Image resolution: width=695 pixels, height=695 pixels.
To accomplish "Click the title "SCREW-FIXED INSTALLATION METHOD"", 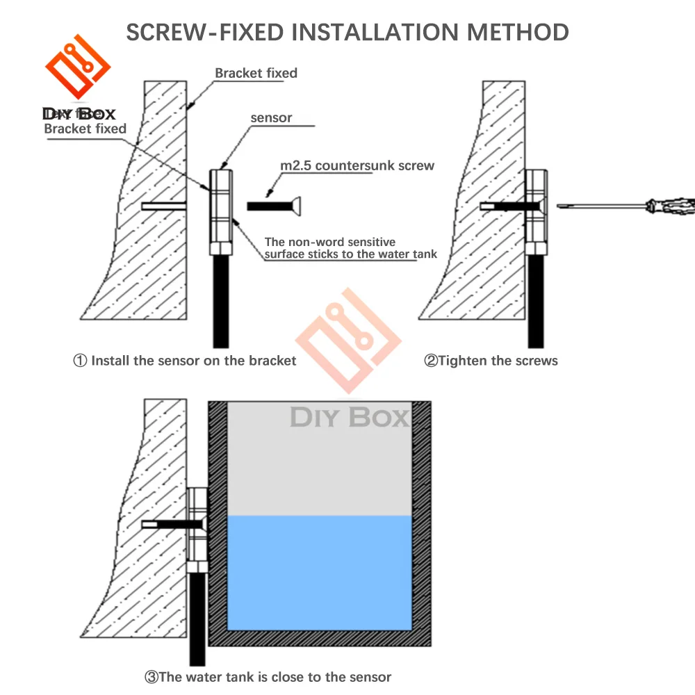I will click(347, 32).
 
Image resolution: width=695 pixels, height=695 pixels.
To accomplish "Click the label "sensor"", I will click(271, 118).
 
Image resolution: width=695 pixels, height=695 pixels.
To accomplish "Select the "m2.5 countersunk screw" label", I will click(357, 165).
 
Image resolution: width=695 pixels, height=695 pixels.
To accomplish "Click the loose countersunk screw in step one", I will click(275, 206).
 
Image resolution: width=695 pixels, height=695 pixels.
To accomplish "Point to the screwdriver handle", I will click(670, 205).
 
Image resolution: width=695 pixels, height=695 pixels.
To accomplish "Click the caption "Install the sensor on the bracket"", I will click(193, 361).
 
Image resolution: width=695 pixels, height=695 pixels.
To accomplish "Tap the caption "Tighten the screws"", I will click(498, 361).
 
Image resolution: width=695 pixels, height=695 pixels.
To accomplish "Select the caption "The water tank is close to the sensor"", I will click(275, 677).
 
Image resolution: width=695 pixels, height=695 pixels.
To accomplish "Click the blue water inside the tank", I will click(320, 570).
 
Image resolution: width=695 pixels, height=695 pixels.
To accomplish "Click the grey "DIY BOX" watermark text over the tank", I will click(349, 418).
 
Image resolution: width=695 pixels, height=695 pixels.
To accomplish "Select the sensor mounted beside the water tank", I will click(198, 528).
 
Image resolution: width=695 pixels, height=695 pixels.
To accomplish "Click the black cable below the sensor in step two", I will click(535, 299).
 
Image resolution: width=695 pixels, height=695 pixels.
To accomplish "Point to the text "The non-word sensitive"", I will click(330, 242).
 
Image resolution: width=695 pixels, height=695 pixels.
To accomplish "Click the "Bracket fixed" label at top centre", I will click(256, 73).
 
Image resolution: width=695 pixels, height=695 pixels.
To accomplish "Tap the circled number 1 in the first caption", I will click(81, 361).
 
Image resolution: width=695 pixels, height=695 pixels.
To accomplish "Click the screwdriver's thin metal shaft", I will click(605, 205).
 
